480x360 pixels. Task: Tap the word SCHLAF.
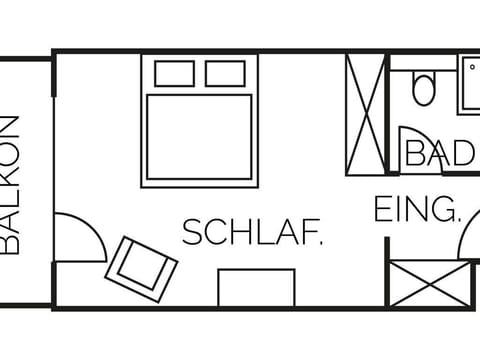252,234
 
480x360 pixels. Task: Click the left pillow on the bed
175,73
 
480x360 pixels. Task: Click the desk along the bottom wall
257,287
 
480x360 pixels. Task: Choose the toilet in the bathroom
423,89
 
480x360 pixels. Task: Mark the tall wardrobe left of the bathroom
365,112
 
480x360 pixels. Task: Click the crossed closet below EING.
429,283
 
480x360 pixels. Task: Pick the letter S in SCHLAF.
190,234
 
